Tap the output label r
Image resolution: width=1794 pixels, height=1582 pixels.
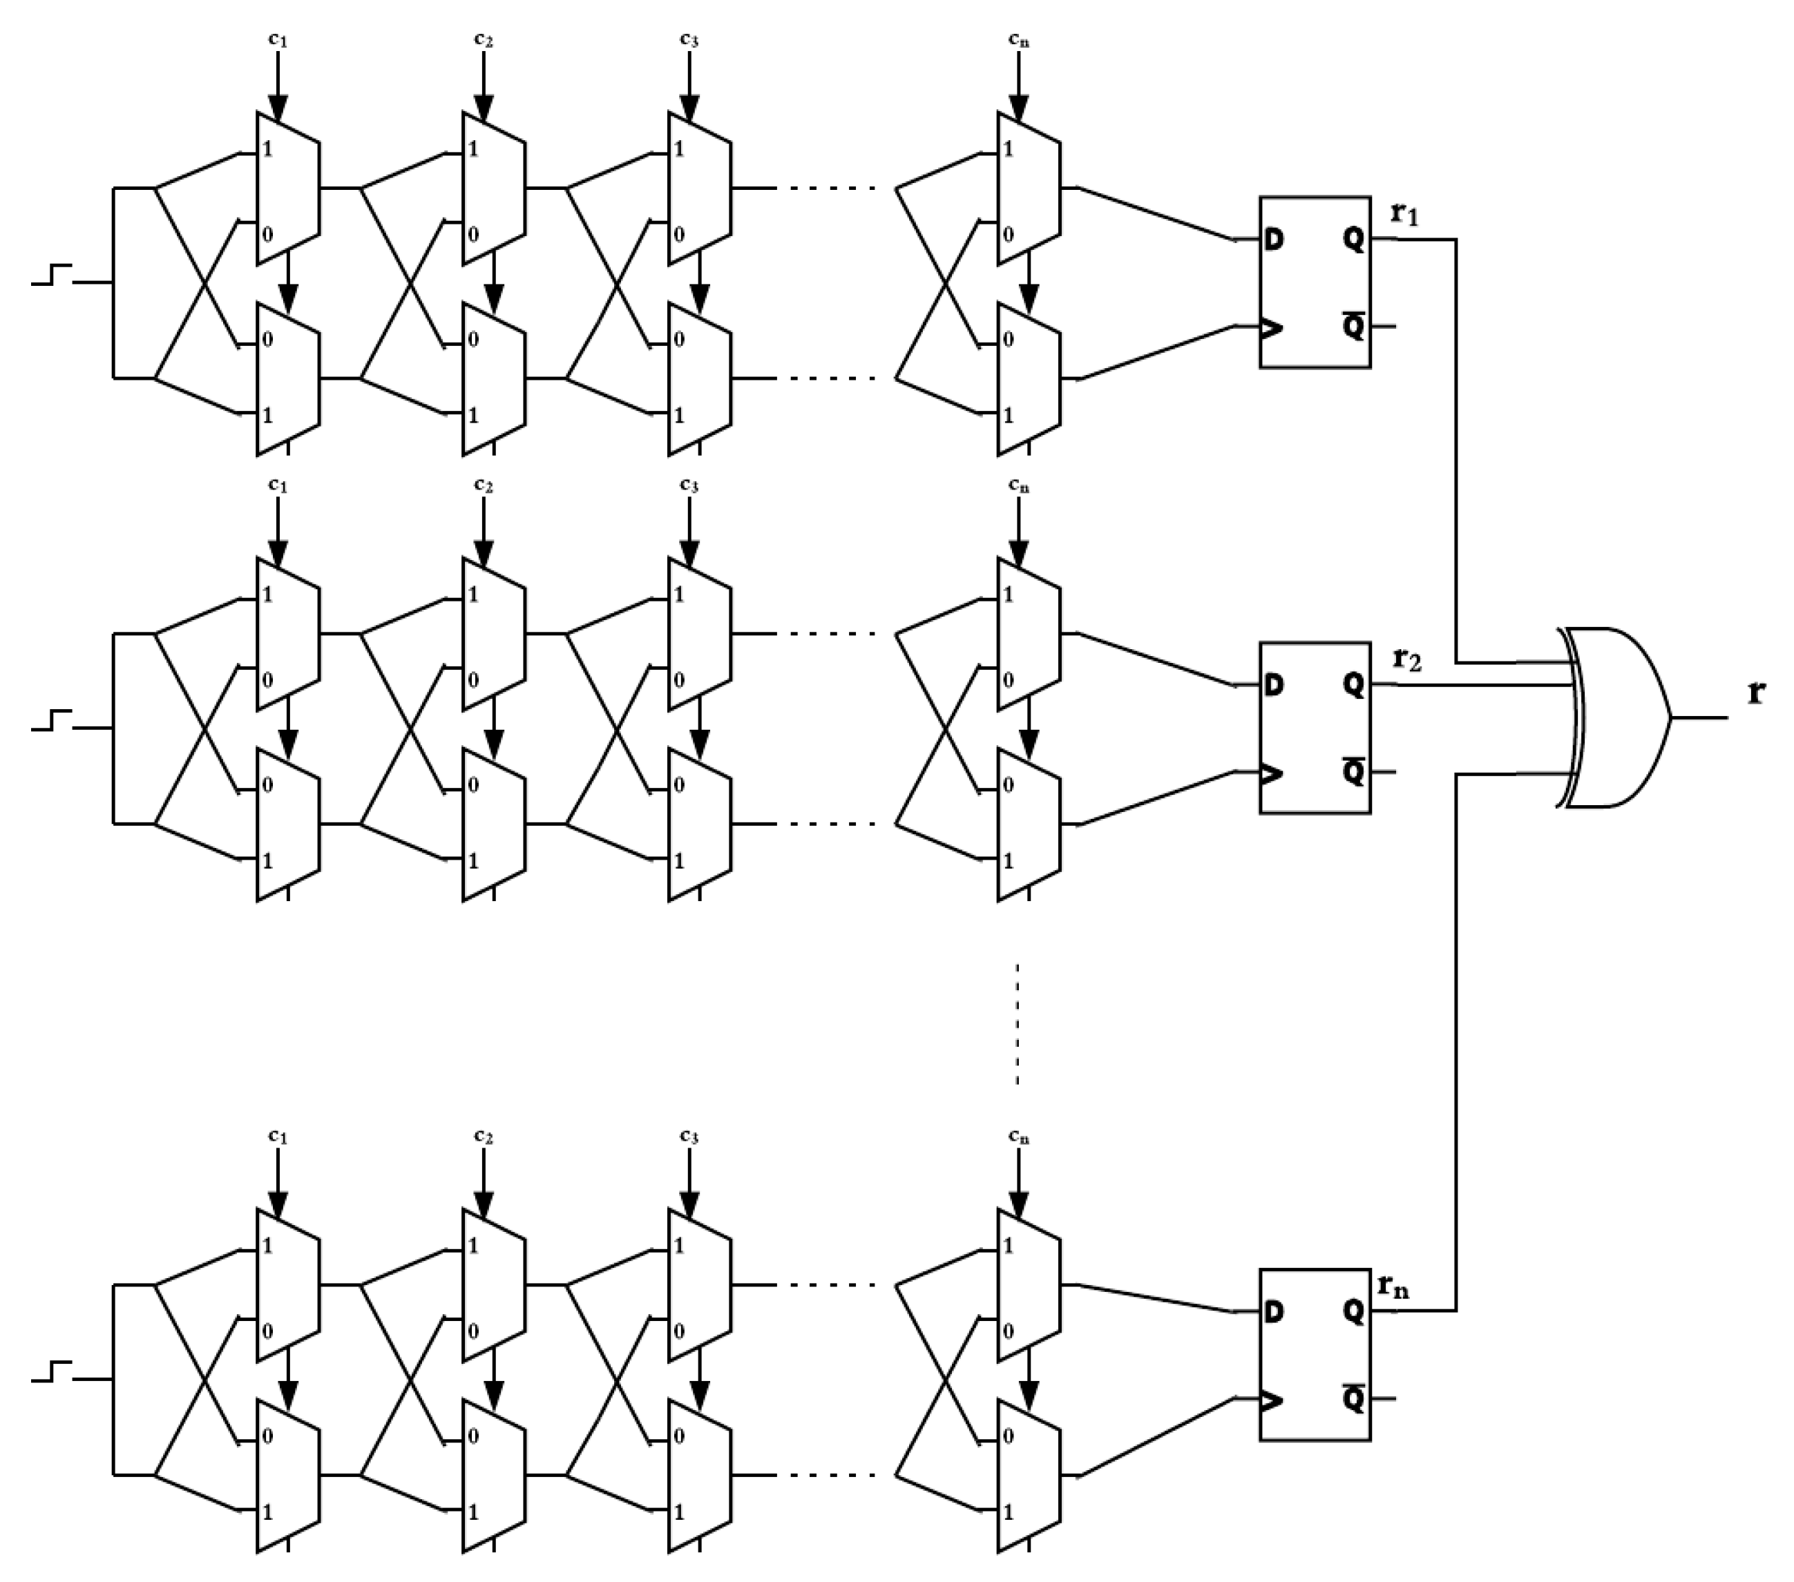click(x=1755, y=693)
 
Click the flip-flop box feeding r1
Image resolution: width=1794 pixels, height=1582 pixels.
click(x=1315, y=282)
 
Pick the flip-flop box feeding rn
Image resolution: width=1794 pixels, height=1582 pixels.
click(x=1315, y=1355)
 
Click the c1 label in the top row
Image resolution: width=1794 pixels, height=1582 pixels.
click(x=277, y=39)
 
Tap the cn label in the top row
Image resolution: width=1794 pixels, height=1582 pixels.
click(x=1018, y=39)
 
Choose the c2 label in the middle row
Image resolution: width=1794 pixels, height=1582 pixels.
click(x=483, y=485)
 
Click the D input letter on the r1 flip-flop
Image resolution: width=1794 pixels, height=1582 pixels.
click(x=1275, y=239)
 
